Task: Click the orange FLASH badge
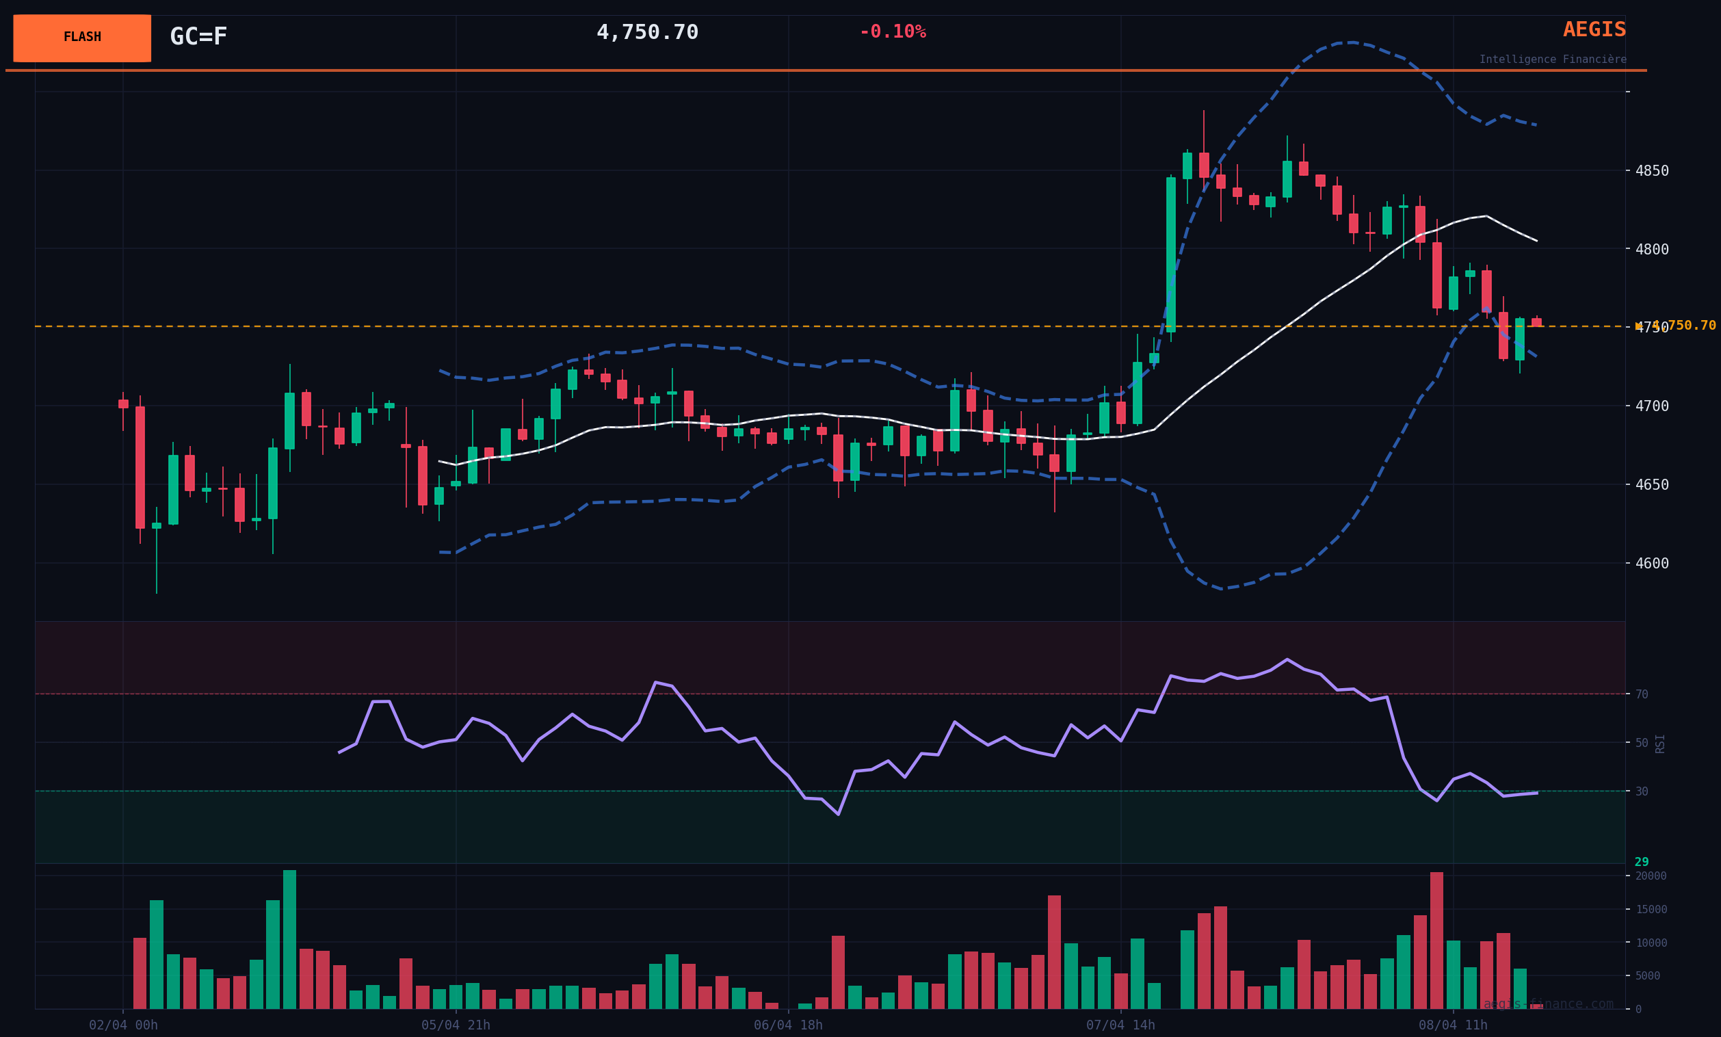(81, 38)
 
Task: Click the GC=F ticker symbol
(198, 36)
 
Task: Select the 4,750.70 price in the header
(647, 33)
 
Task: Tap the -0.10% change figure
(892, 32)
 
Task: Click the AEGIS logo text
(1594, 30)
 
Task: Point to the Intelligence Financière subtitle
(1552, 60)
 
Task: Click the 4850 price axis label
(1651, 171)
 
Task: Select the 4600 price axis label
(1651, 564)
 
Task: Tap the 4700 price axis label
(1651, 406)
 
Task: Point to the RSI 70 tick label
(1642, 695)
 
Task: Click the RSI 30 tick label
(1642, 792)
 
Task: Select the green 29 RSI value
(1642, 863)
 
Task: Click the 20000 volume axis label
(1651, 876)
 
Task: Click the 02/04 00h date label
(123, 1025)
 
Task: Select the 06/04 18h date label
(788, 1025)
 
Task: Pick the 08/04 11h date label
(1453, 1025)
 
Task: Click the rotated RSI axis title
(1660, 744)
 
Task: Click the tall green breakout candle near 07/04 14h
(1170, 254)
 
